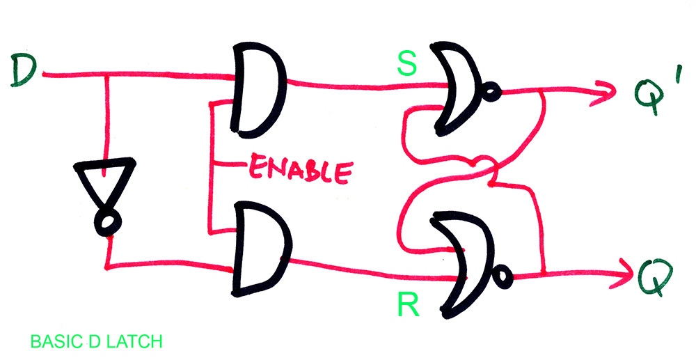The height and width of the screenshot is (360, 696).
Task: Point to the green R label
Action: click(x=406, y=304)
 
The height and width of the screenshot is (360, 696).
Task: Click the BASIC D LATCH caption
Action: click(x=97, y=342)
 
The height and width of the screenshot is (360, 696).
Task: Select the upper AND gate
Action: click(x=260, y=89)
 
